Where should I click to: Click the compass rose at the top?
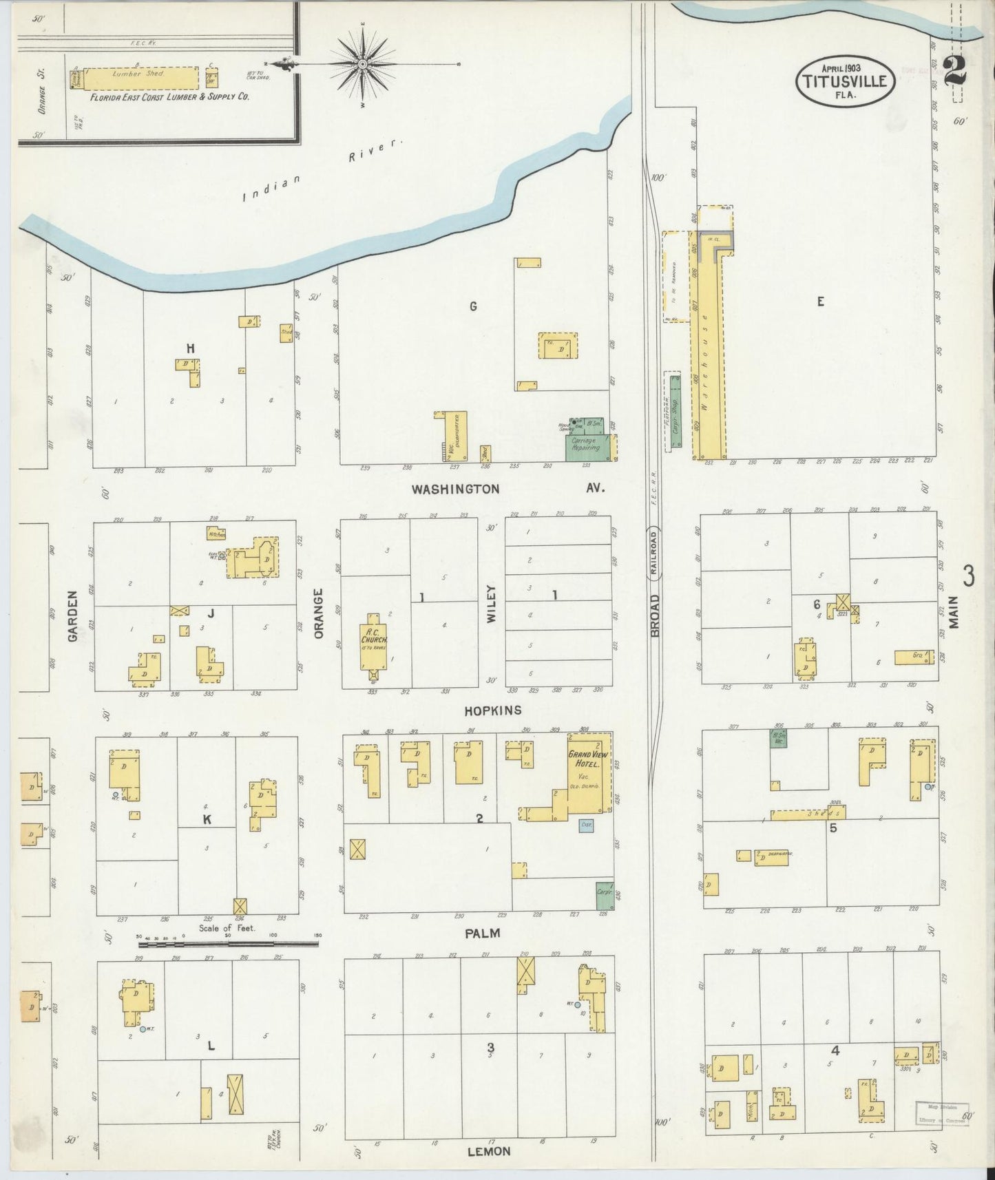point(363,64)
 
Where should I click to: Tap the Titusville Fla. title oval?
point(846,81)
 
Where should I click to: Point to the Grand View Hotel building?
point(589,771)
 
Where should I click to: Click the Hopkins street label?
point(492,710)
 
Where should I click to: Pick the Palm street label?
point(482,934)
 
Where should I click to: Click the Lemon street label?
point(489,1151)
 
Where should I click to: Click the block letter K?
point(207,819)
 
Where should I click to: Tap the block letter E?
point(820,301)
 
